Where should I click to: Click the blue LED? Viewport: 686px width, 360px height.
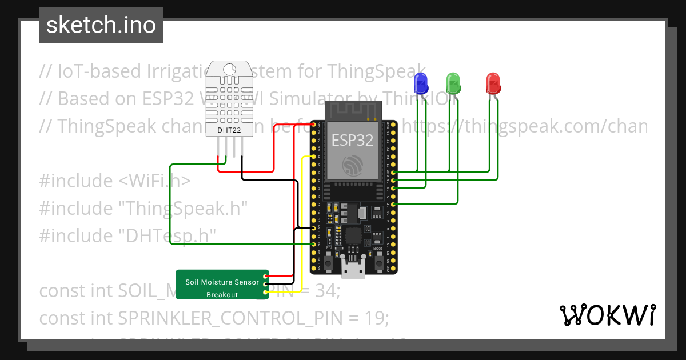(x=421, y=83)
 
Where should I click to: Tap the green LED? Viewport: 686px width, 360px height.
(x=453, y=83)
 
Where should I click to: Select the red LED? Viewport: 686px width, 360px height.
(x=493, y=83)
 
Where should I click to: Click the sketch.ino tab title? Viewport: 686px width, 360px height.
(x=101, y=25)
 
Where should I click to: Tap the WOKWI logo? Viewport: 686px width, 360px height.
(x=607, y=315)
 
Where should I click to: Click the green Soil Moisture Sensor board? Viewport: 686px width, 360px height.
(x=222, y=285)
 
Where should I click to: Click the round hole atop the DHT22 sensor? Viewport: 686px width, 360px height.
(x=229, y=69)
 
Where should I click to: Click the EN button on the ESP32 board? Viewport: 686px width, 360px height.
(x=329, y=263)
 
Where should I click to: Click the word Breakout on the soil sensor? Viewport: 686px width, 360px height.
(x=222, y=295)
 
